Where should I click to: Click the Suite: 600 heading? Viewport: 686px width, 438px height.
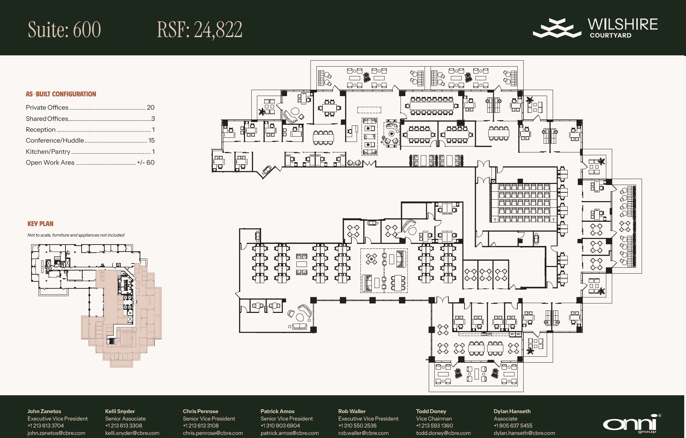[x=64, y=29]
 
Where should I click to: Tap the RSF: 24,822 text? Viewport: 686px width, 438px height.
[x=199, y=29]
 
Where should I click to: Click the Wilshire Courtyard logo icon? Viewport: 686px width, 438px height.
[x=556, y=28]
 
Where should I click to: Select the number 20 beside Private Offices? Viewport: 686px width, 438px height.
[x=150, y=108]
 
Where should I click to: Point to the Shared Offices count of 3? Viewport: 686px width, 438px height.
[x=153, y=119]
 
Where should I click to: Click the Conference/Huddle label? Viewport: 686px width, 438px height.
[x=55, y=141]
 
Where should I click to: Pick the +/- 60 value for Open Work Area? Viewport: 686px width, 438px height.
[x=146, y=163]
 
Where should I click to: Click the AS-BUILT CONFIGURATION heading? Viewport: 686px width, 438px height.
[x=61, y=94]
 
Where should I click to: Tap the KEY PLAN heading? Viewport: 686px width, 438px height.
[x=41, y=224]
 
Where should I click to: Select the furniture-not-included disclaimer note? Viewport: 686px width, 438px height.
[x=76, y=235]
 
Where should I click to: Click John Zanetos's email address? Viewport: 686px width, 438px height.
[x=56, y=433]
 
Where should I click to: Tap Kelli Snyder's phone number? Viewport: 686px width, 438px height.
[x=124, y=426]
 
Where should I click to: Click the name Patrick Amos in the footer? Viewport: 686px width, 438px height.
[x=278, y=411]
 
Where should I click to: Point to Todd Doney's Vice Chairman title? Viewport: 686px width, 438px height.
[x=434, y=419]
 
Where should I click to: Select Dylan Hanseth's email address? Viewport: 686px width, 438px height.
[x=524, y=433]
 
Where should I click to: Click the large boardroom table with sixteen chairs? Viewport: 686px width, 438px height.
[x=431, y=106]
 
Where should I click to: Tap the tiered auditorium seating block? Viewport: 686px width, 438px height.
[x=524, y=203]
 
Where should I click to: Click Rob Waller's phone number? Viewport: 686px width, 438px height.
[x=357, y=426]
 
